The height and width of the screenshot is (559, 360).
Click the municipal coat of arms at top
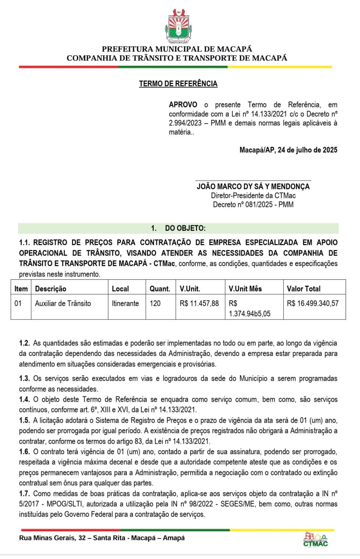tap(179, 27)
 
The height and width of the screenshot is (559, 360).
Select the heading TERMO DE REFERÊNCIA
tap(178, 84)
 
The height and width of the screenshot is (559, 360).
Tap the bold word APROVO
tap(183, 105)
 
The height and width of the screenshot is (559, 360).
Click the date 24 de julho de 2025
tap(308, 150)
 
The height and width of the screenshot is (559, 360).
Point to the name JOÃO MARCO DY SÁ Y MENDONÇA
tap(253, 186)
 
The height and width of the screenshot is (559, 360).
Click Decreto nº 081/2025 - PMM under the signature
tap(253, 205)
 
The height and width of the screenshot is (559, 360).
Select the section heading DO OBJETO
tap(185, 228)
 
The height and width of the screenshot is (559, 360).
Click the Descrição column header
tap(50, 289)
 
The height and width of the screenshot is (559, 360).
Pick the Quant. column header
tap(160, 289)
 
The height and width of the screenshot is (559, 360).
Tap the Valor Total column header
tap(303, 289)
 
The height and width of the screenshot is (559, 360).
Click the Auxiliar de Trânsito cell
tap(63, 303)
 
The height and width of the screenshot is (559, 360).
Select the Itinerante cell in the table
tap(125, 303)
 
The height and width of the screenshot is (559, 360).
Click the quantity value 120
tap(155, 303)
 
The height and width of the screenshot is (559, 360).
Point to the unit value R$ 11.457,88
tap(199, 303)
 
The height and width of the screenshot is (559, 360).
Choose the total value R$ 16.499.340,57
tap(312, 303)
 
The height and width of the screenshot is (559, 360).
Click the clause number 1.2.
tap(24, 343)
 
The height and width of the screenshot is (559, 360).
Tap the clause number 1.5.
tap(24, 420)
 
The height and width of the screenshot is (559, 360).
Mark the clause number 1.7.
tap(24, 494)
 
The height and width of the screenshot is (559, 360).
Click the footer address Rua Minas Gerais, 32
tap(52, 538)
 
